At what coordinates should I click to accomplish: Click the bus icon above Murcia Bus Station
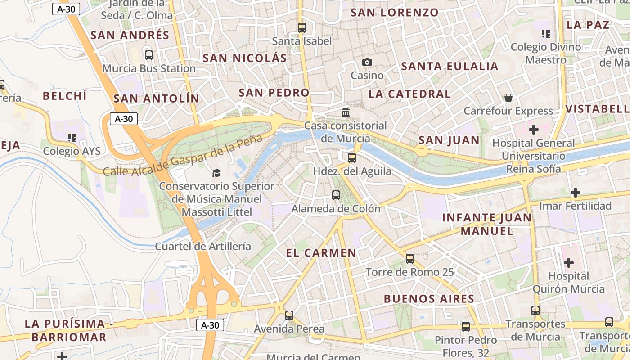click(x=149, y=55)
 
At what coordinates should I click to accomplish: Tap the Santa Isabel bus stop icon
click(x=302, y=28)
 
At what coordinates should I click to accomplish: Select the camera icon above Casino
click(x=367, y=63)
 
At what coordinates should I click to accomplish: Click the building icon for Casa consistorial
click(x=346, y=112)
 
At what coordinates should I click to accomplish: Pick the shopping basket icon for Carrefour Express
click(x=508, y=98)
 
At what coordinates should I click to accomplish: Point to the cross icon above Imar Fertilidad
click(x=575, y=193)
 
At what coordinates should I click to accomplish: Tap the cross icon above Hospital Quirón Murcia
click(x=569, y=263)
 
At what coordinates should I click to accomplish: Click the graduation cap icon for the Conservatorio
click(x=216, y=173)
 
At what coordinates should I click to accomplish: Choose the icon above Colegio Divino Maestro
click(x=546, y=33)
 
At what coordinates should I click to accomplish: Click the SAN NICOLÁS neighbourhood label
click(x=244, y=58)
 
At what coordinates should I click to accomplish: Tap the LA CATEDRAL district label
click(x=409, y=94)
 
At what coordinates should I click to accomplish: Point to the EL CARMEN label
click(x=321, y=253)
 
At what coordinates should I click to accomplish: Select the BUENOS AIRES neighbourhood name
click(x=429, y=299)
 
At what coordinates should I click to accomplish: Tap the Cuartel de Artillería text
click(x=203, y=246)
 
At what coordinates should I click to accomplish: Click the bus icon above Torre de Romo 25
click(x=410, y=259)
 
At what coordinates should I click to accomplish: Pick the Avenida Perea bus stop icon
click(x=289, y=315)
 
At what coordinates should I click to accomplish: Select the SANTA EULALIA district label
click(x=450, y=67)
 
